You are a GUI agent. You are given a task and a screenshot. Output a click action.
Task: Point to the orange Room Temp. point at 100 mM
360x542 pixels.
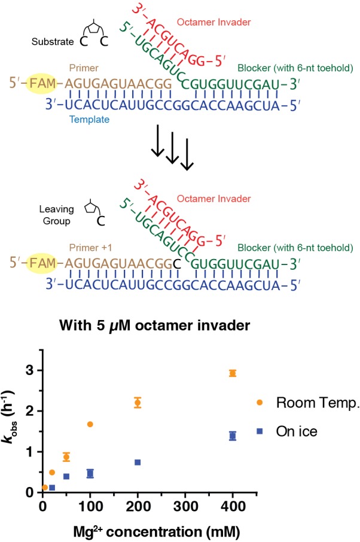point(90,424)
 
